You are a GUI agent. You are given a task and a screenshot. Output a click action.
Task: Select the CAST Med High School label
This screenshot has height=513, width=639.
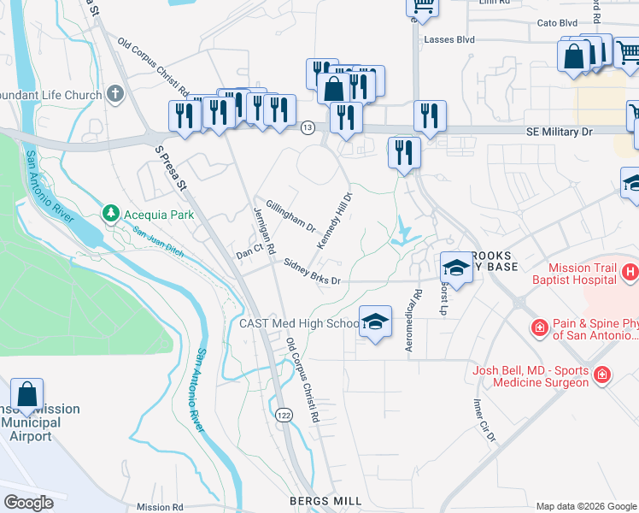click(x=300, y=323)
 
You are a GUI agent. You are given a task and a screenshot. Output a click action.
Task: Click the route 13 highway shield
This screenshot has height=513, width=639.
click(x=308, y=127)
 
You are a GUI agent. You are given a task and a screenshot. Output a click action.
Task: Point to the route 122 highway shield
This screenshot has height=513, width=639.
click(x=283, y=415)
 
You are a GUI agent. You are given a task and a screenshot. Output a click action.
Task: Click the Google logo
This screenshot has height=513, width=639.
click(x=28, y=503)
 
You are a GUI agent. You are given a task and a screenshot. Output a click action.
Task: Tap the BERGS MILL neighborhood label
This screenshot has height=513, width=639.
click(x=325, y=500)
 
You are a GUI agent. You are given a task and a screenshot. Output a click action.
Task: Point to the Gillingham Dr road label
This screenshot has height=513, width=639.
click(x=290, y=217)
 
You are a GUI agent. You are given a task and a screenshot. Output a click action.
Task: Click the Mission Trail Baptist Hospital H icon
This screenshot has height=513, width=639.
click(x=630, y=273)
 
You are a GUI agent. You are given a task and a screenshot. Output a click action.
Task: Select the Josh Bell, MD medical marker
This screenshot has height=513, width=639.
click(x=602, y=374)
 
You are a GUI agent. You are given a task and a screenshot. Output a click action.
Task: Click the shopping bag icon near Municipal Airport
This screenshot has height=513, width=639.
click(x=27, y=396)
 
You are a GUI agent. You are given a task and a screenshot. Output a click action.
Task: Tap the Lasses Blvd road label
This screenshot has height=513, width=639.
click(x=448, y=39)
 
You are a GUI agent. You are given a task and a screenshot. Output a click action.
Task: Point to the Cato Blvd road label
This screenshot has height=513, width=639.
click(x=557, y=24)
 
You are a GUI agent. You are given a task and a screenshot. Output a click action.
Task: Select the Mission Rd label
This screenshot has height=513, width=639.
click(x=160, y=507)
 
